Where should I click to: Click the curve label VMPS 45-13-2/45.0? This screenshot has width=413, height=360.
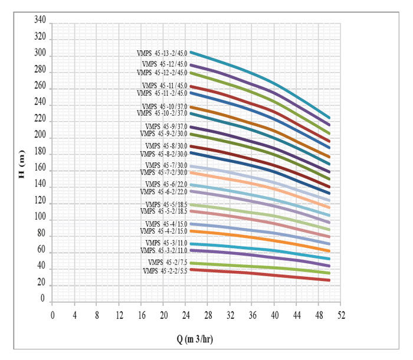pyautogui.click(x=162, y=53)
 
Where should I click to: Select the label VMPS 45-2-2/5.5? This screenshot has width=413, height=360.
pyautogui.click(x=165, y=271)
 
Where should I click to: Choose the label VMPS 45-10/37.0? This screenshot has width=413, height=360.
pyautogui.click(x=165, y=106)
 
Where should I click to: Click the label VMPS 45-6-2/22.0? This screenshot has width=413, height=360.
pyautogui.click(x=163, y=192)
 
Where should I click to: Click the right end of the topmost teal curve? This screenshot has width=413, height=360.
pyautogui.click(x=329, y=118)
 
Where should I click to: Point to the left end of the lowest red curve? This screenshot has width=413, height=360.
pyautogui.click(x=190, y=269)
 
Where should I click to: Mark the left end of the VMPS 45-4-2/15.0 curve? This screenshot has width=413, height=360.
pyautogui.click(x=190, y=231)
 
